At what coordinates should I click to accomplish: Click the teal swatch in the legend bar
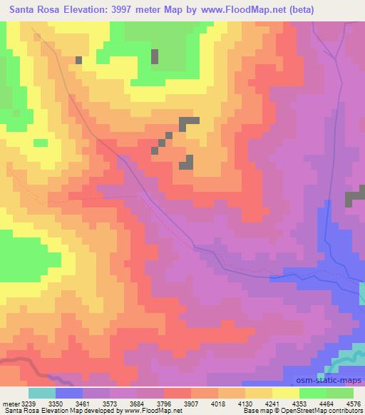pos(42,393)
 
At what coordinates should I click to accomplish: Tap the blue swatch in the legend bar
pos(69,393)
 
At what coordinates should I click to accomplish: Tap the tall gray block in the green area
pos(155,56)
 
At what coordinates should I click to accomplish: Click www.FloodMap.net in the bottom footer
pos(152,411)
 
